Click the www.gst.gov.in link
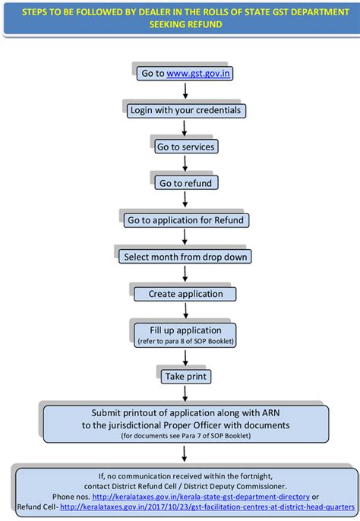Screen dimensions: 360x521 [198, 73]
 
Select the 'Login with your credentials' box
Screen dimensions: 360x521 [186, 110]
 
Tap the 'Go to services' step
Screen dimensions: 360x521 [186, 147]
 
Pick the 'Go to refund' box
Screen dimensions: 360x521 [186, 183]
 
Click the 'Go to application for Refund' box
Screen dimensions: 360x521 [186, 220]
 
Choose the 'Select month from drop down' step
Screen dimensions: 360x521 [185, 257]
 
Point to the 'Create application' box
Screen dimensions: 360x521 [185, 294]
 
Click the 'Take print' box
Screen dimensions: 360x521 [186, 377]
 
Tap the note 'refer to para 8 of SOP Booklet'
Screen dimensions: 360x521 [186, 341]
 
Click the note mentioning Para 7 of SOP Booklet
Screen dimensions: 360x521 [186, 436]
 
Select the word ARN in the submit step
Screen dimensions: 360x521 [271, 413]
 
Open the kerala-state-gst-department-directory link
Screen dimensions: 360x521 [201, 497]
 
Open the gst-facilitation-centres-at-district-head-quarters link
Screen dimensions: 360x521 [207, 507]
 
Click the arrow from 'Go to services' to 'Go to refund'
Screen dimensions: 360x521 [185, 163]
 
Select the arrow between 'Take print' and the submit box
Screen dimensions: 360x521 [185, 393]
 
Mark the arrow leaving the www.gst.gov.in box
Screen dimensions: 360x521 [185, 90]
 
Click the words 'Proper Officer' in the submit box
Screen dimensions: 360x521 [192, 425]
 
